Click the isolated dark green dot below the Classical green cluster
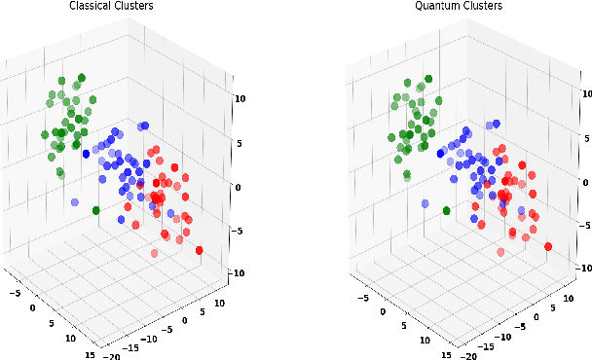click(96, 210)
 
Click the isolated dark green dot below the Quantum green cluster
click(446, 209)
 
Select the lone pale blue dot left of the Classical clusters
click(75, 201)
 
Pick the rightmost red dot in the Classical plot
click(199, 251)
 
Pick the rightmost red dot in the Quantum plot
click(547, 246)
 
